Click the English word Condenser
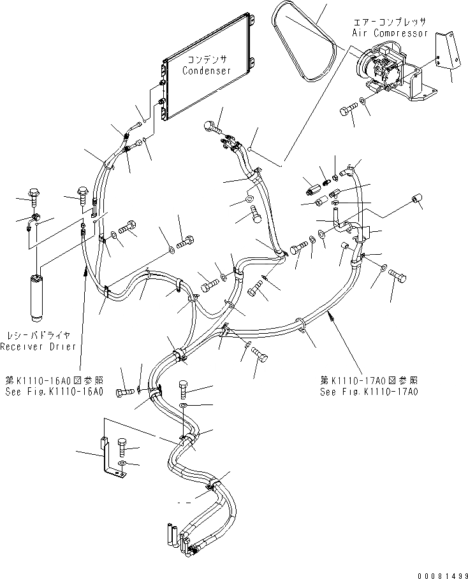207,71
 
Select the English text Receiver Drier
38,347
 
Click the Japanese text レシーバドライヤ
38,335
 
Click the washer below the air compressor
363,100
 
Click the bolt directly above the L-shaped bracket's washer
123,446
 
